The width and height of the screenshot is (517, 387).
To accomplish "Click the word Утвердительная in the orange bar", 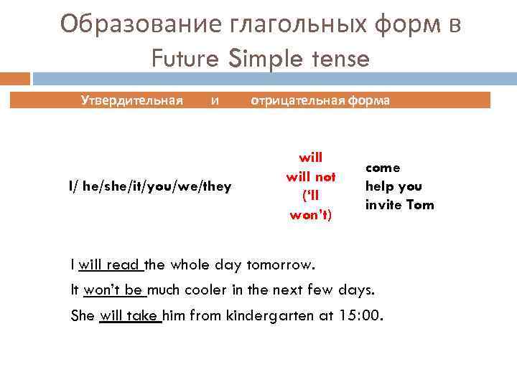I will pos(131,100).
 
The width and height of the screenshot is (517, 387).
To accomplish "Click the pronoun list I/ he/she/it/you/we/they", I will pos(150,186).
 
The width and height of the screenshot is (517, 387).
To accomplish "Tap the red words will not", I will pos(310,177).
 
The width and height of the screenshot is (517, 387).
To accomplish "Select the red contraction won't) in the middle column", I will pos(310,214).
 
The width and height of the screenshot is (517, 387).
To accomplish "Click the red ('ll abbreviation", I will pos(310,196).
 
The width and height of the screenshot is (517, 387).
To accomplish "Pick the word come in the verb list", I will pos(383,168).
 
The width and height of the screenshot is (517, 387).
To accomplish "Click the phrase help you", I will pos(393,186).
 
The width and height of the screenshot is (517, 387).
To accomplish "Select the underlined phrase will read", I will pos(111,264).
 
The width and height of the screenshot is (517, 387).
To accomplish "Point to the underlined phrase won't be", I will pos(115,290).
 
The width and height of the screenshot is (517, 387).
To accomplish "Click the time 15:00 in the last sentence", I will pos(360,316).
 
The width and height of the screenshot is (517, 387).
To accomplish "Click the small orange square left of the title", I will pos(14,77).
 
